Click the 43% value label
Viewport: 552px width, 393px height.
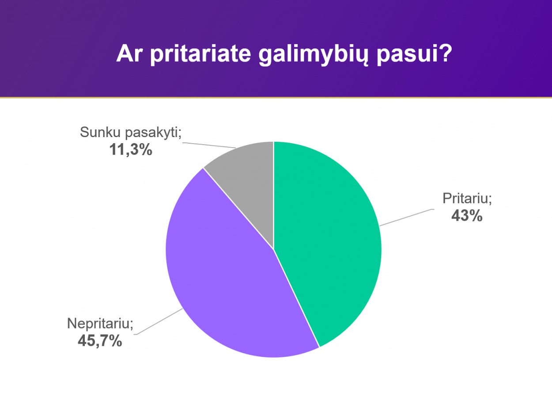[467, 216]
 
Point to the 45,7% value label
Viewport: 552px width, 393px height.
[100, 341]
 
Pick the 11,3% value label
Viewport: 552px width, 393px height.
[131, 149]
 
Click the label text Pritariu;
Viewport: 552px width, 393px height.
[467, 198]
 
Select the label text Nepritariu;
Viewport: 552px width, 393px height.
[100, 323]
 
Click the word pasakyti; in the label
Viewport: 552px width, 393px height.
[153, 133]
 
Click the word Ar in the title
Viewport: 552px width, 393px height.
[129, 54]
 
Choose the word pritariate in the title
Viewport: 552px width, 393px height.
[200, 55]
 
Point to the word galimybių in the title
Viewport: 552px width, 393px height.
[314, 55]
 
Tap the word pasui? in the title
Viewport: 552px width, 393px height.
[415, 55]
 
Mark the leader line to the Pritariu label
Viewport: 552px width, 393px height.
[407, 217]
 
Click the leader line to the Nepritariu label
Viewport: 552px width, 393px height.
[159, 321]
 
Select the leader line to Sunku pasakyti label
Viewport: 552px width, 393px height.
[209, 145]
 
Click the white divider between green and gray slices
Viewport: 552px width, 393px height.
[273, 195]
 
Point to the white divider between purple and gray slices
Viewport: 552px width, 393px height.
[238, 209]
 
